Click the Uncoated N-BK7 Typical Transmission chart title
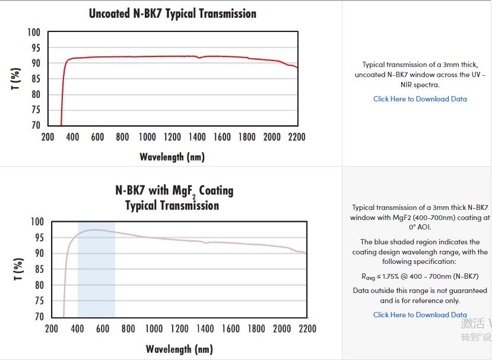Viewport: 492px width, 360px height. [173, 13]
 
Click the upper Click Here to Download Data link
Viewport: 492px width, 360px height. [420, 99]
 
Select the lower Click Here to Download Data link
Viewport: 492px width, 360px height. [420, 315]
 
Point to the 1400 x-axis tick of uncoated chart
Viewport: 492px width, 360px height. [197, 137]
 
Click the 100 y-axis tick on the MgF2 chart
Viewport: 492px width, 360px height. [37, 222]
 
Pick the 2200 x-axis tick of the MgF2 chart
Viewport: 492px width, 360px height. [307, 329]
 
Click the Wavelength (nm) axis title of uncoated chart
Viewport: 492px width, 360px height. [172, 157]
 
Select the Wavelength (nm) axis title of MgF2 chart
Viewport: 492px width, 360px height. [179, 349]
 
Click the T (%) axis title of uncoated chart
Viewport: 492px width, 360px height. [17, 79]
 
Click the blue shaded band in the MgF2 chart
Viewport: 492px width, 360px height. [96, 279]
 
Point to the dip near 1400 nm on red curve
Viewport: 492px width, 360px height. [199, 58]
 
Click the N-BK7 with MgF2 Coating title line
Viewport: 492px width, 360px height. [174, 190]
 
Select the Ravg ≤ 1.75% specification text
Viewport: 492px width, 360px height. [420, 276]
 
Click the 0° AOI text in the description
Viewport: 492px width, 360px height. [420, 227]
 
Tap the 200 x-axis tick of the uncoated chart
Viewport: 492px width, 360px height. [47, 137]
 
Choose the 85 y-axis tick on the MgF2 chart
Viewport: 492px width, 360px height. [39, 269]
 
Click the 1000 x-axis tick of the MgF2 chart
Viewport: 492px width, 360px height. [154, 329]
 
